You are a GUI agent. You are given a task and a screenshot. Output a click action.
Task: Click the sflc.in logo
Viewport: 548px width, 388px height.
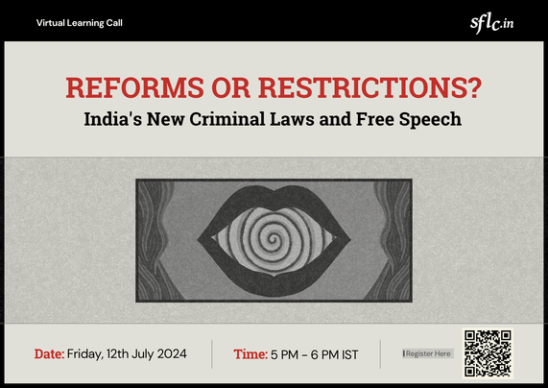click(491, 23)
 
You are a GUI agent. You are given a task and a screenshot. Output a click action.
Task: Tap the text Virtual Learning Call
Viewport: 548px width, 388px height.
click(80, 23)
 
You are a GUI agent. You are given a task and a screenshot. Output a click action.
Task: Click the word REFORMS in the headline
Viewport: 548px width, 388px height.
click(135, 87)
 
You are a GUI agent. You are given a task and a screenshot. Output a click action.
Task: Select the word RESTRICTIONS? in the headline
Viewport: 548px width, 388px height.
click(370, 87)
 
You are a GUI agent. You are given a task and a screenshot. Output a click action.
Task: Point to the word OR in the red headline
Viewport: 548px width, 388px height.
click(231, 87)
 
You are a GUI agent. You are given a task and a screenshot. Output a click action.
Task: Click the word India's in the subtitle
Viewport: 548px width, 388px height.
click(113, 119)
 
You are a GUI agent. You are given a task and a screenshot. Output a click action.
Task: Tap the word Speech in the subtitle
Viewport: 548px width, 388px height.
click(430, 120)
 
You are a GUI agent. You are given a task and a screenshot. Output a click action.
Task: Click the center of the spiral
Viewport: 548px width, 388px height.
click(274, 240)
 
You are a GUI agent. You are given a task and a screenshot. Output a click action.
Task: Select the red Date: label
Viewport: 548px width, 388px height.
click(49, 354)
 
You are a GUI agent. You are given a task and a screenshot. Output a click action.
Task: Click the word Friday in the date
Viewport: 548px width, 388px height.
click(84, 354)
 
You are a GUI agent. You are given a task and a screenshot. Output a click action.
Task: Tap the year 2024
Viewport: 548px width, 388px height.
click(172, 354)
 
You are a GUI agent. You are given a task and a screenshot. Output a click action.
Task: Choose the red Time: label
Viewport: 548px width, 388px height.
click(250, 354)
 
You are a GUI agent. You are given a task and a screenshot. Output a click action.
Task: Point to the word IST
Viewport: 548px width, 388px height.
click(350, 354)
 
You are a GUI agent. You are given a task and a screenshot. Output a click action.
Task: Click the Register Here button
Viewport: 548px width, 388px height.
click(428, 353)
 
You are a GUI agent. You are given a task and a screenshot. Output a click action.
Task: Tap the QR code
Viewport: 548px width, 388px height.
click(488, 353)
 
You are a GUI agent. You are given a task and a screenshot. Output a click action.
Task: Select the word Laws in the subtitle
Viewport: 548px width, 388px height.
click(292, 119)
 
